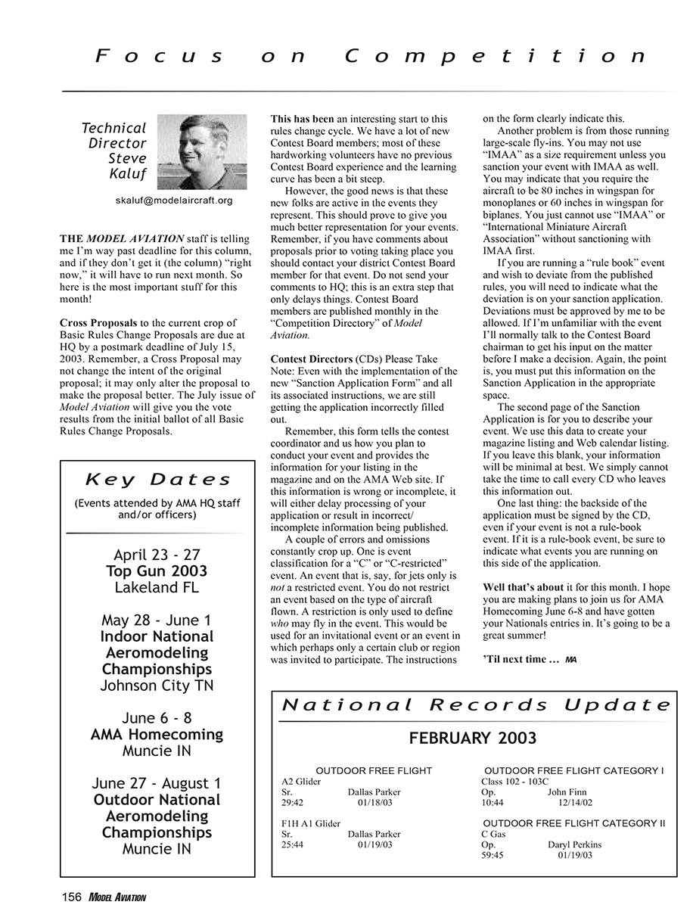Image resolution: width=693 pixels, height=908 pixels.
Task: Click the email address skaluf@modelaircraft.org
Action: pos(173,201)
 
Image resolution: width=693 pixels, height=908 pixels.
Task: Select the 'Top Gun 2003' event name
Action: pos(157,571)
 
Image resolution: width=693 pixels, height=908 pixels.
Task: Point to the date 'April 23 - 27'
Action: pos(157,555)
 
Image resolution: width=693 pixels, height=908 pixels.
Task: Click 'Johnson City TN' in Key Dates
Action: pos(157,686)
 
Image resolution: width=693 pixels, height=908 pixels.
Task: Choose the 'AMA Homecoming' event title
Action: pos(157,735)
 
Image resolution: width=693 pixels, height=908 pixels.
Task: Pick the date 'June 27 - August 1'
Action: pos(157,783)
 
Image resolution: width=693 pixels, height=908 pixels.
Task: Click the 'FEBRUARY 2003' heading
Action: pos(473,739)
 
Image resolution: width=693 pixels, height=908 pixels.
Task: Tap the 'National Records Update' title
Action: pos(476,705)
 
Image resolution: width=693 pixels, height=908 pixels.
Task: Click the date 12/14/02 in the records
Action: pos(575,803)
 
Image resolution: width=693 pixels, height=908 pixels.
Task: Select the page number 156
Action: pos(72,897)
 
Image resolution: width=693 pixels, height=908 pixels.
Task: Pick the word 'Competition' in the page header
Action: pos(496,56)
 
